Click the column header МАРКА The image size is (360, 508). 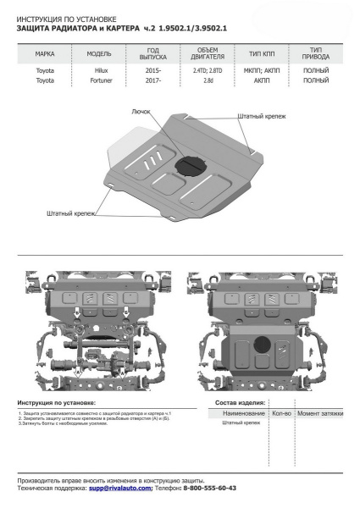click(x=45, y=52)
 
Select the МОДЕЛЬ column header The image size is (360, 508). click(x=98, y=52)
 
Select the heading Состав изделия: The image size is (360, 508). click(x=241, y=404)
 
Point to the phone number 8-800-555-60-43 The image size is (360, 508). click(x=208, y=489)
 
